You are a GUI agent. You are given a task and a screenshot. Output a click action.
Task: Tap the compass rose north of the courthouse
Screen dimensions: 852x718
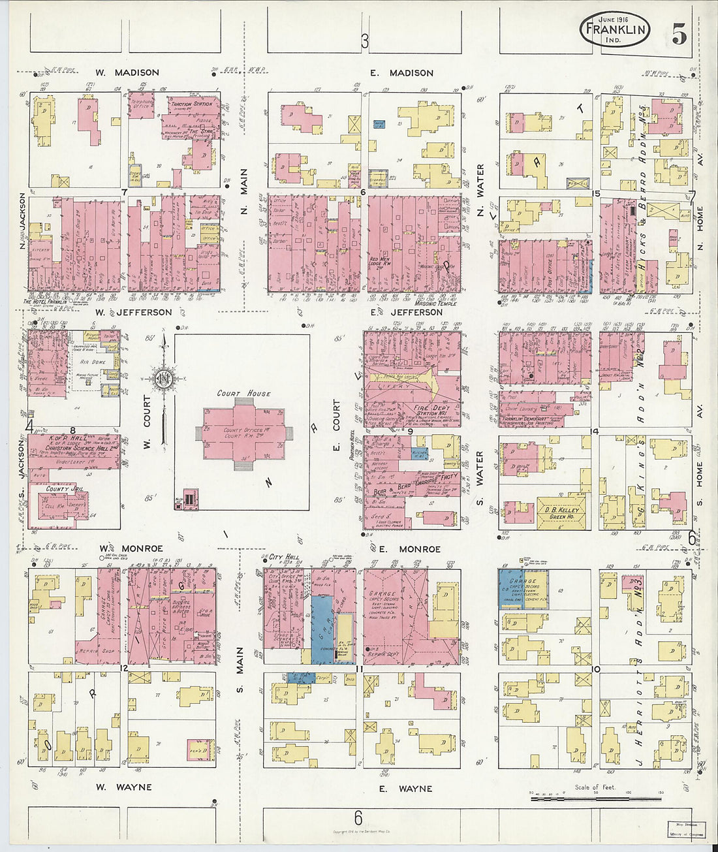click(163, 377)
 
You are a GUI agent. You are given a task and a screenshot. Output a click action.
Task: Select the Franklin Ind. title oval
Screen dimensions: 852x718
click(614, 30)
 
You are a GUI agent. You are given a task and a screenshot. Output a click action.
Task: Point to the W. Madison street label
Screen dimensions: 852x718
click(127, 72)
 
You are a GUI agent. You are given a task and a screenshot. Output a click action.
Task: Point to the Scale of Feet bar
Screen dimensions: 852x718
click(595, 797)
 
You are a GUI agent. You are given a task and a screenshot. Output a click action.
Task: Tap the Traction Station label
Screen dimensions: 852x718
click(191, 104)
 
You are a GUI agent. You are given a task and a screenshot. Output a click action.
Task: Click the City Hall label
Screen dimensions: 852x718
click(284, 558)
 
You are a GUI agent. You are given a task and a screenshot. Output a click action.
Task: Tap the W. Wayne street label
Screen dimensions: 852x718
click(124, 787)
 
